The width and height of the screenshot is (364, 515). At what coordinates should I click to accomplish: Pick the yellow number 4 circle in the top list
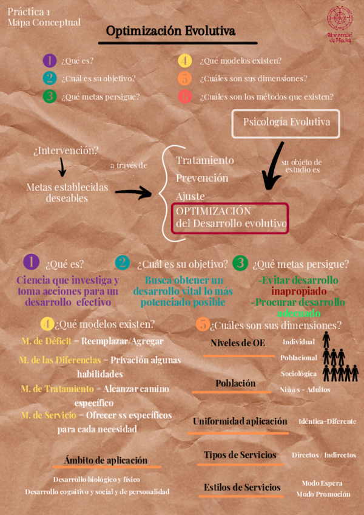(185, 61)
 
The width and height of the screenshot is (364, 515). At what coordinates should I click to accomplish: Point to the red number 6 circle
(185, 97)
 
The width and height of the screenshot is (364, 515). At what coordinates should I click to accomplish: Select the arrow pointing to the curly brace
(135, 193)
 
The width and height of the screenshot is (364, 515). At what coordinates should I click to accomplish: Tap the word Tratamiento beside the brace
(204, 160)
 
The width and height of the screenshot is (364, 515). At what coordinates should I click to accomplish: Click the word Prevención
(202, 179)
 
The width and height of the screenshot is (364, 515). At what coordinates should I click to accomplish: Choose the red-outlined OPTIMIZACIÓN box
(231, 217)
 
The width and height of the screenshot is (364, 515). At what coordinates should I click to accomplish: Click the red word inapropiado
(296, 291)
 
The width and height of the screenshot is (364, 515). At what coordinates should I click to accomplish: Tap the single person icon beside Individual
(326, 338)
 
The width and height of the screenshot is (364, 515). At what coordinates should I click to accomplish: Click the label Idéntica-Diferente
(327, 421)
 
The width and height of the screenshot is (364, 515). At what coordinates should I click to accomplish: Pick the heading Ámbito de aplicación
(106, 460)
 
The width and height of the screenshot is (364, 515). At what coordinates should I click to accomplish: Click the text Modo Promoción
(323, 494)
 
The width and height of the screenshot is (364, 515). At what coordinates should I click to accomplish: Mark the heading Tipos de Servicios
(240, 455)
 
